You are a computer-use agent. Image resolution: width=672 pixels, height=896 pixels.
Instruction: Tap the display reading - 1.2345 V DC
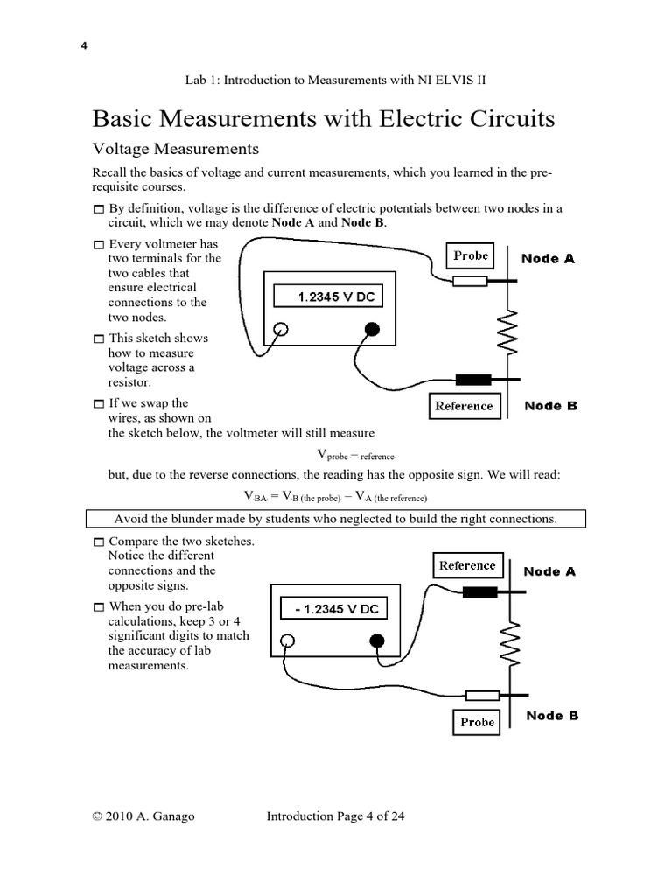pyautogui.click(x=328, y=609)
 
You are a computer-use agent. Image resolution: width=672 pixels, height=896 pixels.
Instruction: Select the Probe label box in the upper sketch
pyautogui.click(x=471, y=255)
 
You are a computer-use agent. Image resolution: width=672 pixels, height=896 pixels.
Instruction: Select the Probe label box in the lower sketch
pyautogui.click(x=477, y=722)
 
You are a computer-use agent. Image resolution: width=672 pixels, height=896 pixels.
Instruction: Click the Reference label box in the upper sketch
pyautogui.click(x=464, y=406)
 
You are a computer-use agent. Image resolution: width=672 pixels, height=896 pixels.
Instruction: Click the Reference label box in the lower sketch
pyautogui.click(x=467, y=565)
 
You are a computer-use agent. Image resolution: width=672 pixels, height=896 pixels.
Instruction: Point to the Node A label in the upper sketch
pyautogui.click(x=548, y=259)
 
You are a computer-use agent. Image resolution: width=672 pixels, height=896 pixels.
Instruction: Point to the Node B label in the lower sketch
pyautogui.click(x=552, y=716)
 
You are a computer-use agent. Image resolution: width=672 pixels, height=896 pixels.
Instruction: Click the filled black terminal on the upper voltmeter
pyautogui.click(x=372, y=330)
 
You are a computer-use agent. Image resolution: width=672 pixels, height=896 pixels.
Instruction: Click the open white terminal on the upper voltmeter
pyautogui.click(x=281, y=330)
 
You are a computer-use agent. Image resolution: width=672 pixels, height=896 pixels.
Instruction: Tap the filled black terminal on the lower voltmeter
pyautogui.click(x=378, y=641)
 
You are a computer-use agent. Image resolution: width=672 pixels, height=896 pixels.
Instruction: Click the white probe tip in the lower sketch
pyautogui.click(x=482, y=696)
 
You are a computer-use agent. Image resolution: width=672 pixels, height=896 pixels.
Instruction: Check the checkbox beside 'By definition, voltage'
pyautogui.click(x=99, y=209)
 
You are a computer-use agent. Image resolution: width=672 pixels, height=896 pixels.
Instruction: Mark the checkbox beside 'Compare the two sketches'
pyautogui.click(x=99, y=542)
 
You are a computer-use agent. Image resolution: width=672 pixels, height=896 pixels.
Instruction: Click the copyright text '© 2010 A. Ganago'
pyautogui.click(x=143, y=816)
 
